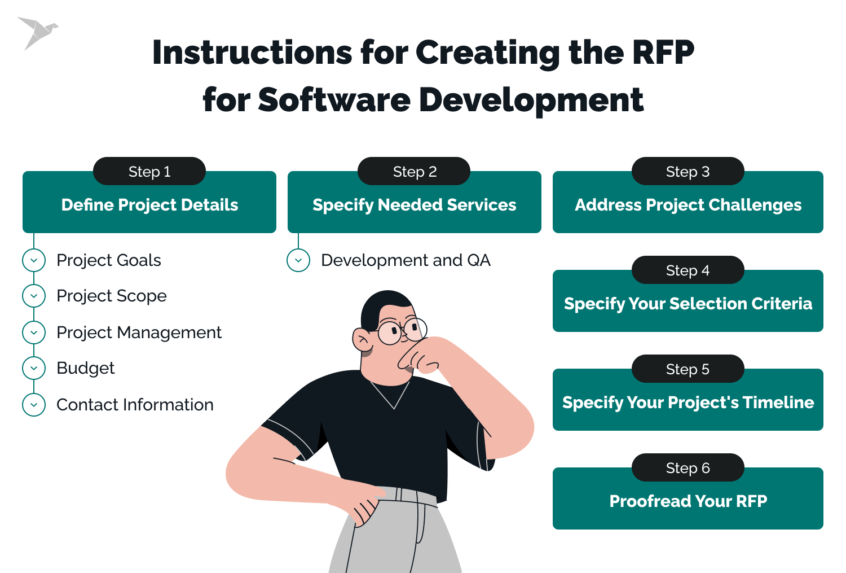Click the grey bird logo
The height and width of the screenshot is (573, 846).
tap(37, 33)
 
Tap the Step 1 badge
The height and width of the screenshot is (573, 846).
tap(149, 172)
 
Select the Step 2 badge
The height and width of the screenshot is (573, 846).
tap(415, 172)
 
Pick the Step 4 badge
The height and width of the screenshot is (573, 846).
tap(688, 270)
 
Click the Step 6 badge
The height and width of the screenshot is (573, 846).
tap(688, 468)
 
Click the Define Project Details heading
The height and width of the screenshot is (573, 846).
tap(149, 205)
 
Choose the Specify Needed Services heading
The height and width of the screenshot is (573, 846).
tap(415, 205)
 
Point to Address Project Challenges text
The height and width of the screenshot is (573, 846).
tap(688, 205)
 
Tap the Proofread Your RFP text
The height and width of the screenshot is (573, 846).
tap(688, 501)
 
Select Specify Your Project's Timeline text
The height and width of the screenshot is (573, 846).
tap(688, 403)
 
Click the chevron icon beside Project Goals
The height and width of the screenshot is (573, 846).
tap(34, 260)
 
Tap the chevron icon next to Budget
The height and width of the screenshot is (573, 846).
tap(34, 368)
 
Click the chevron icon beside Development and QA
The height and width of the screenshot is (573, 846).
tap(298, 260)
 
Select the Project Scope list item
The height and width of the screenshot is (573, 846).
tap(112, 296)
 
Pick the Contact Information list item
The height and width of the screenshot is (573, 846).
tap(135, 405)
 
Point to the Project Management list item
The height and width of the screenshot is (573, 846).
tap(139, 333)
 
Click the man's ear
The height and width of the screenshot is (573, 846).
tap(362, 340)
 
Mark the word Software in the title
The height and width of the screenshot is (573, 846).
tap(334, 100)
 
